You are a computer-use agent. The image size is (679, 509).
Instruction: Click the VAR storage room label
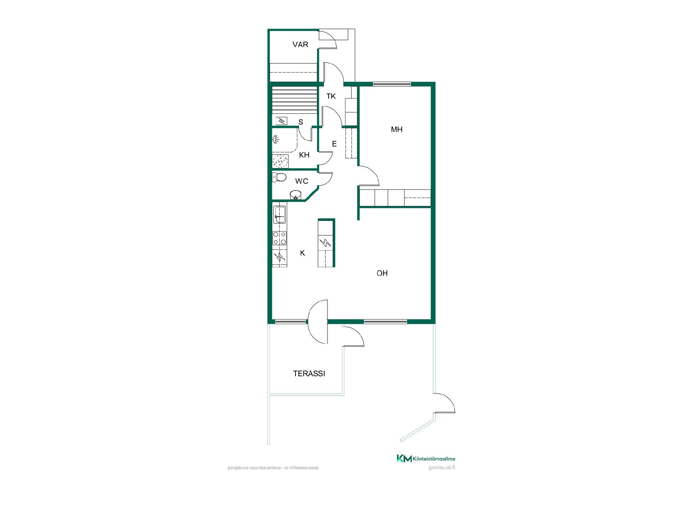(300, 45)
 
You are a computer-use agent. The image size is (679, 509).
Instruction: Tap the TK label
(331, 96)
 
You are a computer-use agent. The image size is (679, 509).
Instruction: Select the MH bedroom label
(396, 129)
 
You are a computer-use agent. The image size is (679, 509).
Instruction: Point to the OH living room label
(382, 273)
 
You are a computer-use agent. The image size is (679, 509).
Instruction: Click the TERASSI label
(309, 373)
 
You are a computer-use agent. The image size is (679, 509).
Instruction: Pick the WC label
(302, 181)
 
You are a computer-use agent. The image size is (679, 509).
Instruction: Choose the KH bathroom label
(304, 155)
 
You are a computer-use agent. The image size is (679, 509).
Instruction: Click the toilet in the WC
(279, 177)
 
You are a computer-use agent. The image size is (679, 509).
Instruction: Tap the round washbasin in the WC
(296, 195)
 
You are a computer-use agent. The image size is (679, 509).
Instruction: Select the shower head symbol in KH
(275, 140)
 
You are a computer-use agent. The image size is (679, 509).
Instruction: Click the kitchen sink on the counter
(279, 215)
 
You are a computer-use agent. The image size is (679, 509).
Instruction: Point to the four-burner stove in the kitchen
(279, 238)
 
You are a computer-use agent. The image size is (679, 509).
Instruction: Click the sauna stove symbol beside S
(282, 121)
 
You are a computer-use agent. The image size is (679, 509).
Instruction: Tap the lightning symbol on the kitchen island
(325, 243)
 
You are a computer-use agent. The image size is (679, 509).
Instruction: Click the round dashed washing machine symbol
(280, 161)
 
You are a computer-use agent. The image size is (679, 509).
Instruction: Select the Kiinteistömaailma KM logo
(426, 458)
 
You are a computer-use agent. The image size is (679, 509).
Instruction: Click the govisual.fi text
(441, 467)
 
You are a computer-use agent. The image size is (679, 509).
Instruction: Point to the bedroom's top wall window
(392, 84)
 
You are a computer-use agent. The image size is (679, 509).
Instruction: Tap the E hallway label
(334, 144)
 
